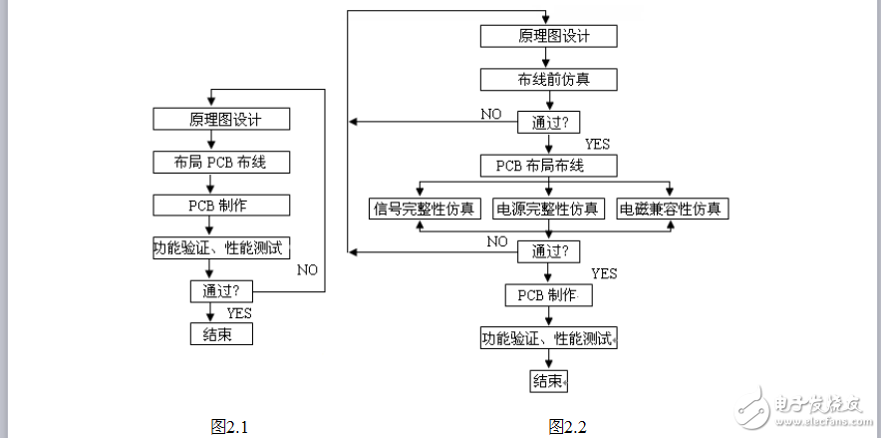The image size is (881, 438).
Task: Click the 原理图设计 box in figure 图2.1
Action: click(x=221, y=119)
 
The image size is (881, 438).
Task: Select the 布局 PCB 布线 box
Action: click(x=221, y=162)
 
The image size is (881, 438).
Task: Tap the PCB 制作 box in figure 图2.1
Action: click(x=221, y=205)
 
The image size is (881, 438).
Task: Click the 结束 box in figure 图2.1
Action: click(x=221, y=334)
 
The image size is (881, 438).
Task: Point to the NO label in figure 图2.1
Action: click(x=308, y=269)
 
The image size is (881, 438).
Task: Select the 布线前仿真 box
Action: click(x=548, y=79)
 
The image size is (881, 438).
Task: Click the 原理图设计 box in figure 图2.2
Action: click(x=548, y=36)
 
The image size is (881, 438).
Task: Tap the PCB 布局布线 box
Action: click(x=548, y=166)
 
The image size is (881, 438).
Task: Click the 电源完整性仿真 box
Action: click(x=549, y=209)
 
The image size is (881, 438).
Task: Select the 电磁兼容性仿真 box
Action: click(x=673, y=209)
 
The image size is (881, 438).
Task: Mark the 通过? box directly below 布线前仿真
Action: click(x=548, y=122)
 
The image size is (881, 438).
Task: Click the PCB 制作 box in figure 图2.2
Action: click(x=548, y=295)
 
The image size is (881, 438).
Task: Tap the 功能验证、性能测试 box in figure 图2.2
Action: click(x=548, y=338)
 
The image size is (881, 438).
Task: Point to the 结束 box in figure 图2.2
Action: click(x=548, y=381)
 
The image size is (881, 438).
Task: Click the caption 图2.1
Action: click(x=229, y=427)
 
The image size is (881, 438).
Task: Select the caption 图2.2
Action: click(x=567, y=427)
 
